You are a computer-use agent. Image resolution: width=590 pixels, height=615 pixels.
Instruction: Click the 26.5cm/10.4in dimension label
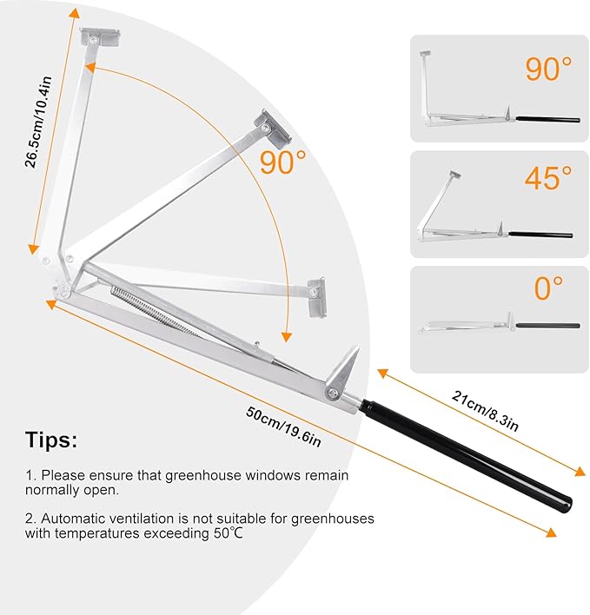(38, 122)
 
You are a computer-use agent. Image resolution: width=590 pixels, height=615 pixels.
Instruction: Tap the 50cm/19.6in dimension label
(283, 427)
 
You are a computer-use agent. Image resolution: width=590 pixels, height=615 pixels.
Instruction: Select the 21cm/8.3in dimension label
(485, 411)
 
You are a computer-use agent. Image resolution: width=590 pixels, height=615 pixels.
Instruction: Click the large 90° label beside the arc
(282, 162)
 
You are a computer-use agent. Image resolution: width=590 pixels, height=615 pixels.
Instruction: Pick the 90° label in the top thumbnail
(548, 69)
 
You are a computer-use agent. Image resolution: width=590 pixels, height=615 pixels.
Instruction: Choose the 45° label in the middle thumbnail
(548, 178)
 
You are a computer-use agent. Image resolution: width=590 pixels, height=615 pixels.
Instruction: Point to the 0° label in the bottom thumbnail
(548, 288)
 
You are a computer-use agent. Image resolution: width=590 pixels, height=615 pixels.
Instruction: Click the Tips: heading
(51, 440)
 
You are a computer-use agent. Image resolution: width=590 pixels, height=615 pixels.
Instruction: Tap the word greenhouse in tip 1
(202, 475)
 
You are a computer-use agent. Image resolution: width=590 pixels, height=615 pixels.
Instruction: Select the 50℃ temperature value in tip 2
(229, 533)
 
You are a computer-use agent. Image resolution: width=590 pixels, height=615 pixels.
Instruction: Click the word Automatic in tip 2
(73, 519)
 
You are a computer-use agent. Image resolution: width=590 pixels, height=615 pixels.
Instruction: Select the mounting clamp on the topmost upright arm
(100, 38)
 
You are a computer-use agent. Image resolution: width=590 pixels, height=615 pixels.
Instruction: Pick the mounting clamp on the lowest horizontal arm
(316, 297)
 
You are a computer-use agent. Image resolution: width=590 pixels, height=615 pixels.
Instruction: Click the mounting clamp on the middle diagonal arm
(273, 129)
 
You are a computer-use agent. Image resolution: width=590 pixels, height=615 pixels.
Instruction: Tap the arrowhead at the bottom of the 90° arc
(287, 336)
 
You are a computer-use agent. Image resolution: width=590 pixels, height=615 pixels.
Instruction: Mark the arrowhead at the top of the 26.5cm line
(75, 13)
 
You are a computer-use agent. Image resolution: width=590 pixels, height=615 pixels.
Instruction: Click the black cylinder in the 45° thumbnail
(540, 235)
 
